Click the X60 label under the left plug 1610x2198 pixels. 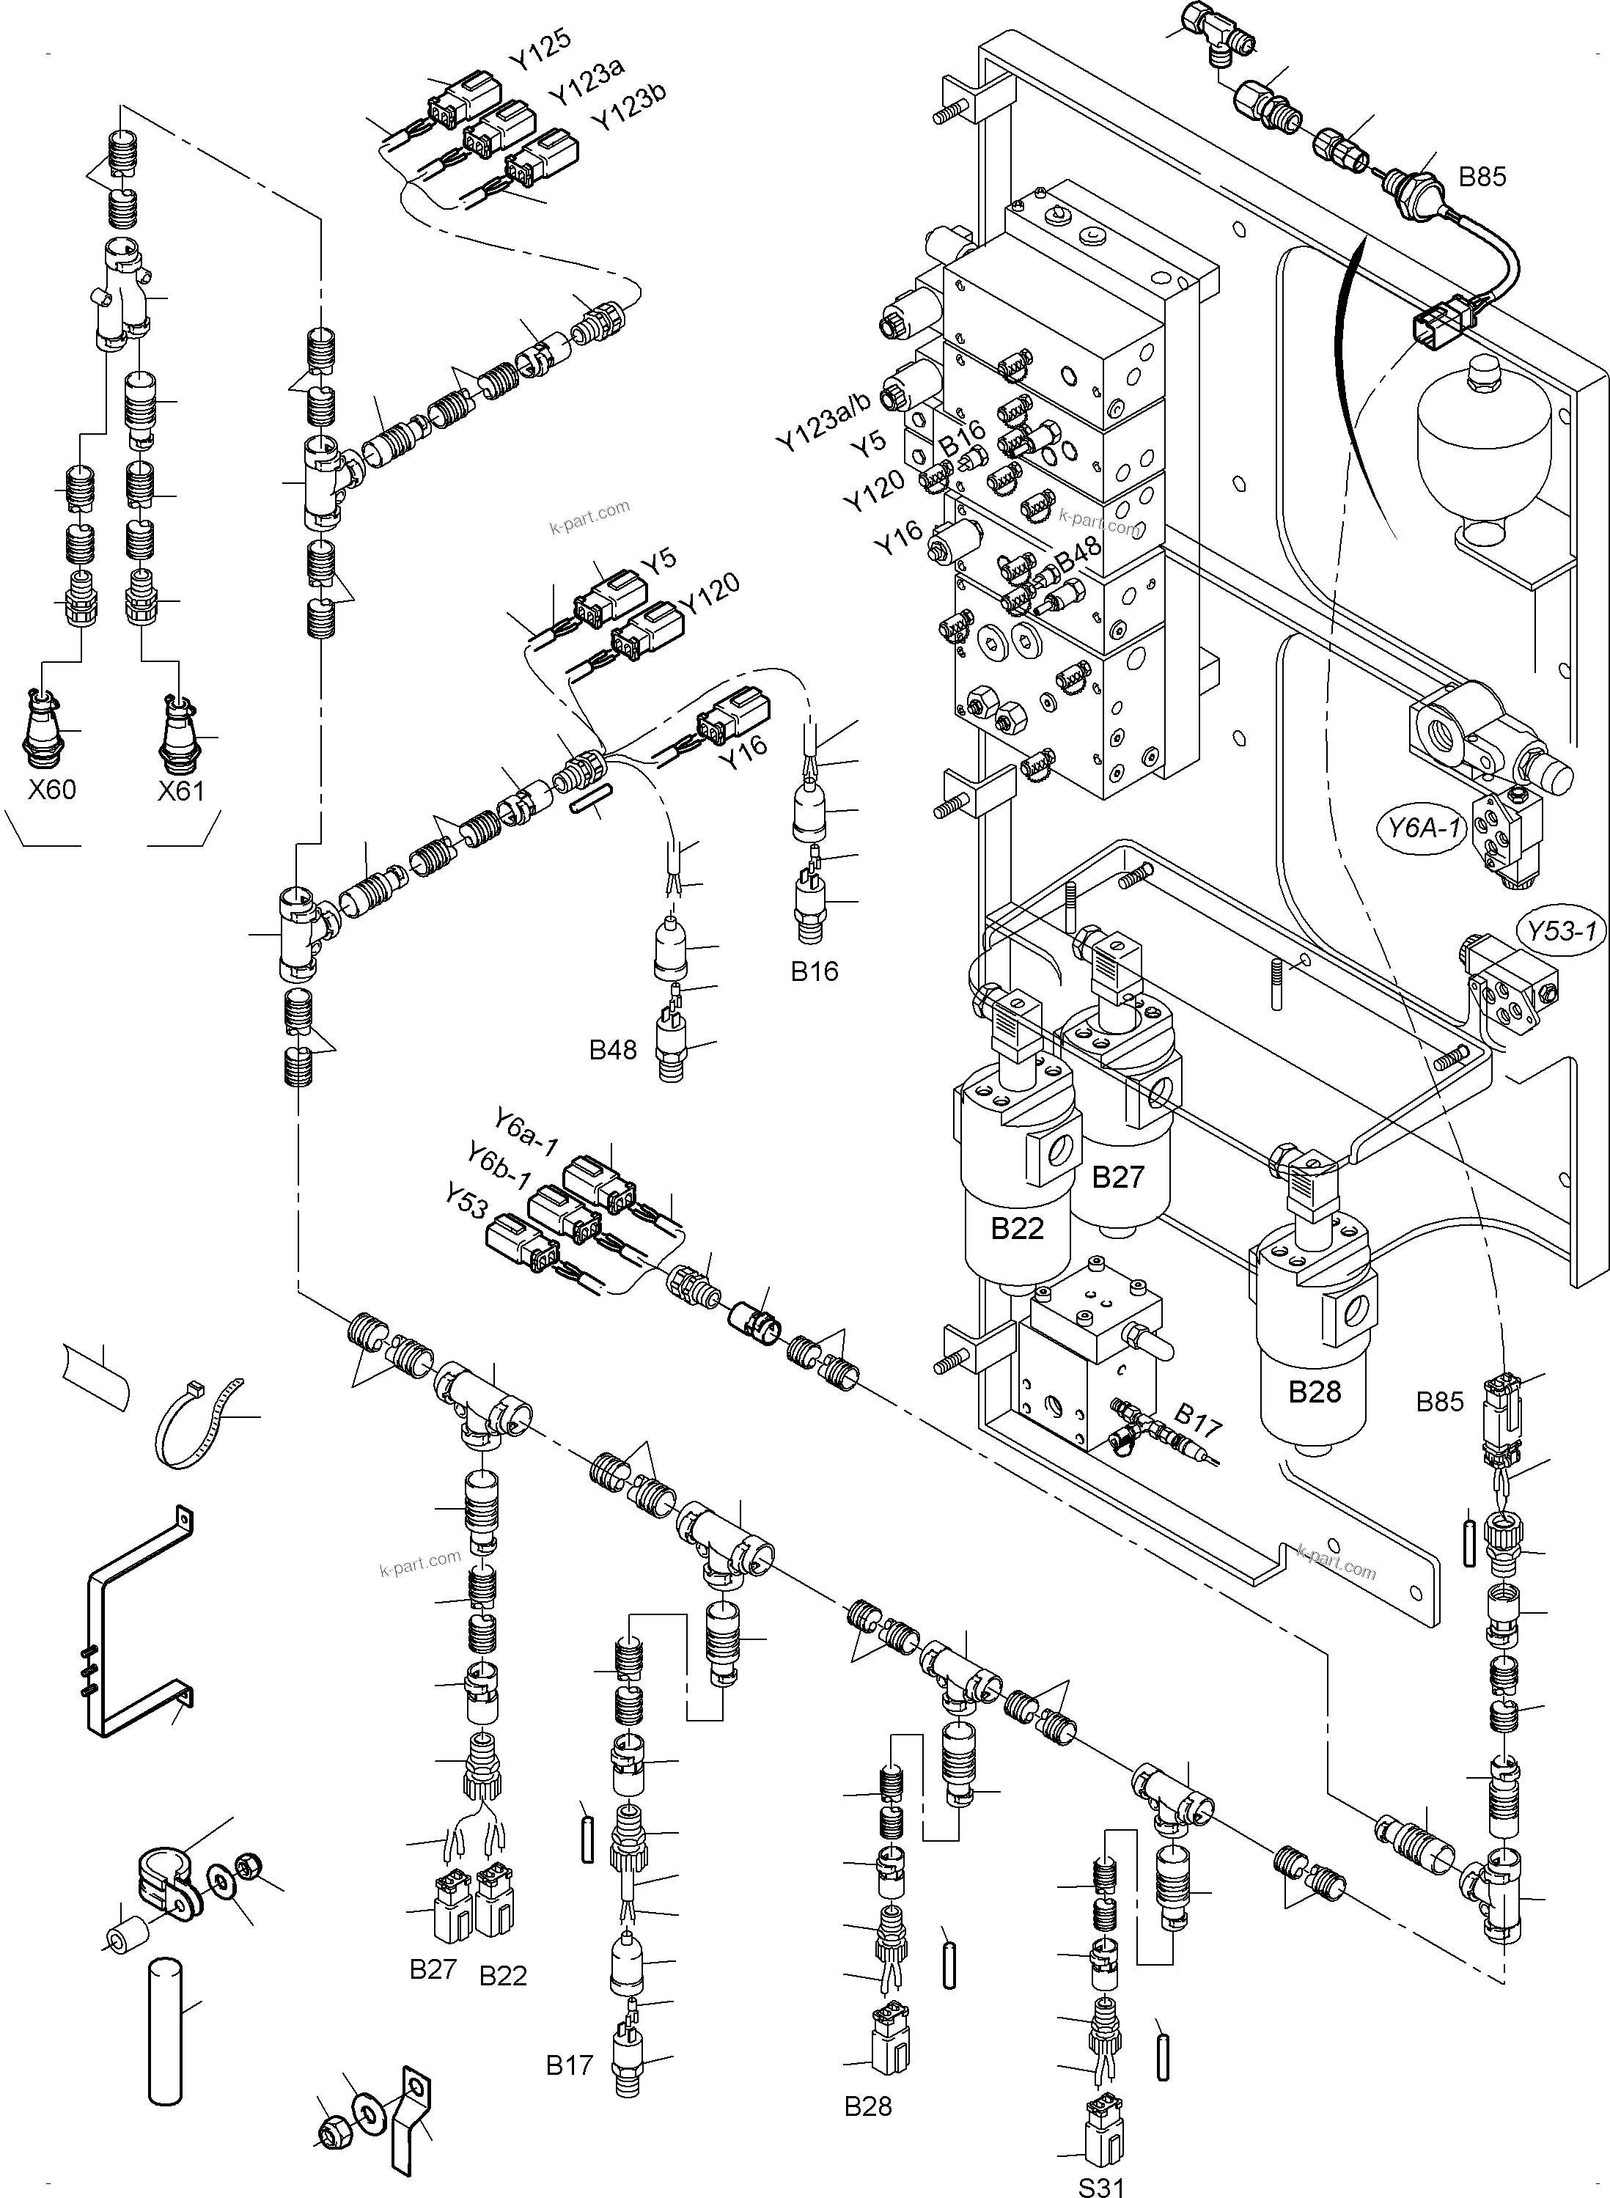click(51, 789)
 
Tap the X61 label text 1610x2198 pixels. click(181, 789)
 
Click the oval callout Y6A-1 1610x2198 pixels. click(1424, 829)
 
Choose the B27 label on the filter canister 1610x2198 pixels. click(1117, 1177)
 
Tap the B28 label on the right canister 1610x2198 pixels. click(1315, 1392)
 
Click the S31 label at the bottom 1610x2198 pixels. click(1101, 2180)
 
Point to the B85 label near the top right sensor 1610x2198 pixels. click(1482, 177)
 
